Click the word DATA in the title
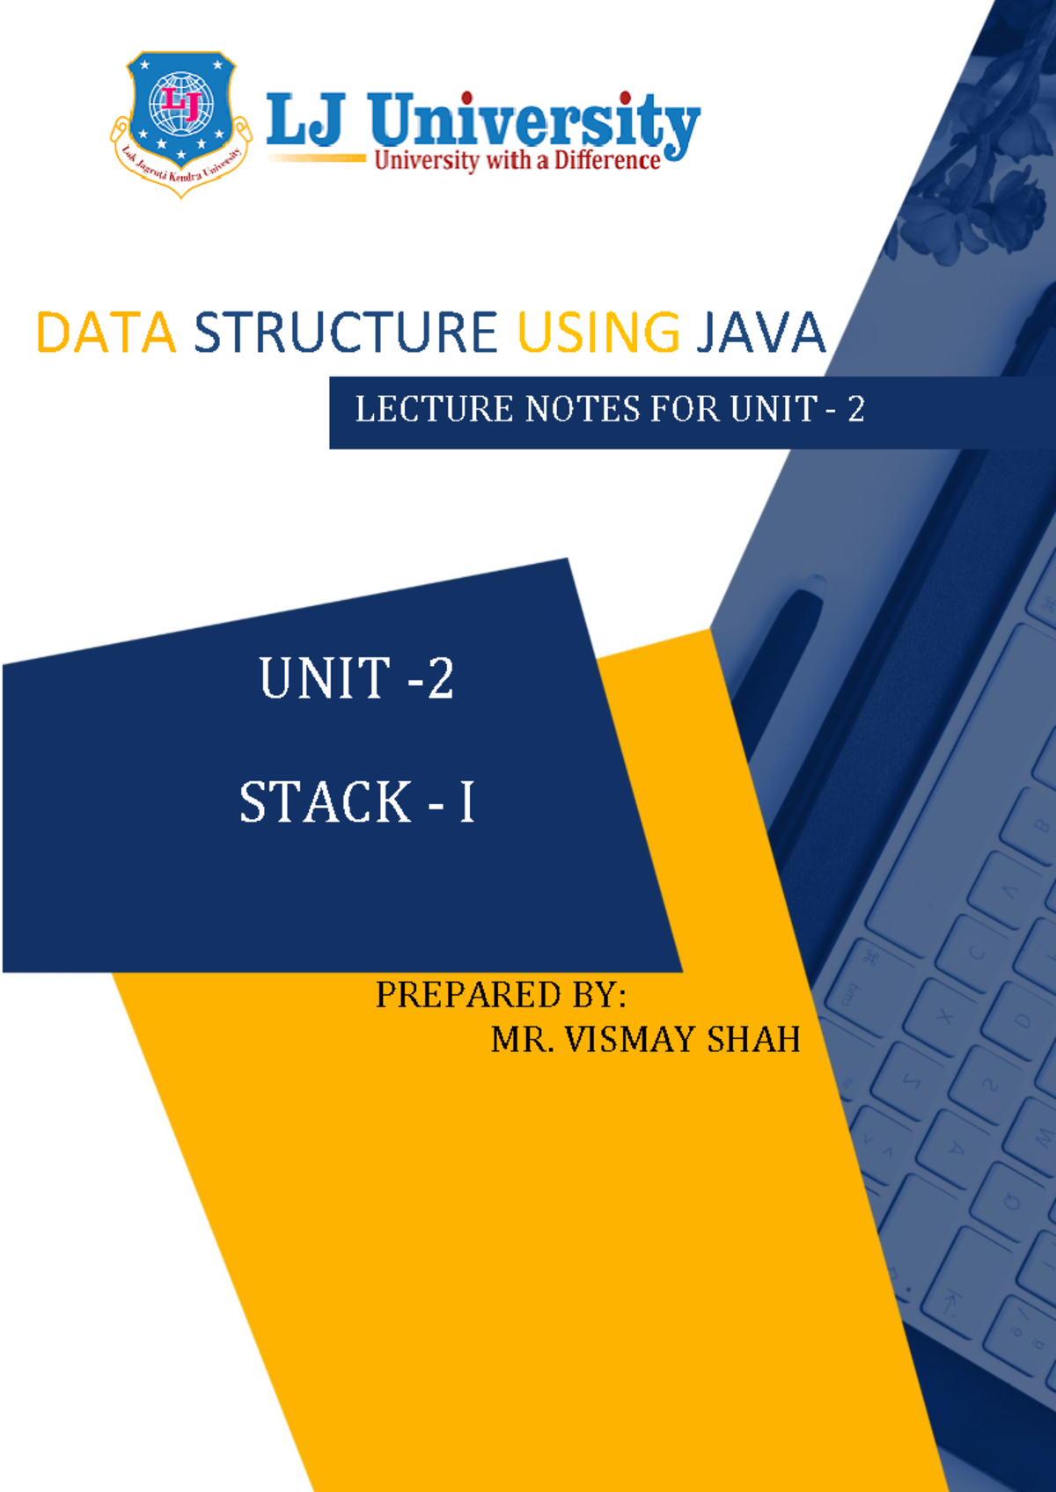coord(106,333)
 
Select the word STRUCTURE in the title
coord(345,333)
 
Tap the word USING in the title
coord(598,333)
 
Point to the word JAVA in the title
coord(760,333)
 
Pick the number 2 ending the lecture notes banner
coord(855,409)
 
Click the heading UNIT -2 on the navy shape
coord(356,679)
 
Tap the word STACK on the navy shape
coord(326,802)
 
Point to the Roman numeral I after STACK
coord(466,802)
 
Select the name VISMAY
coord(630,1040)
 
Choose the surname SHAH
coord(753,1040)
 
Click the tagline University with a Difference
coord(517,161)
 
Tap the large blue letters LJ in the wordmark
coord(304,120)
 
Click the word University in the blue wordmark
coord(533,121)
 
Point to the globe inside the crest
coord(181,104)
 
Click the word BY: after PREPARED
coord(599,995)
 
